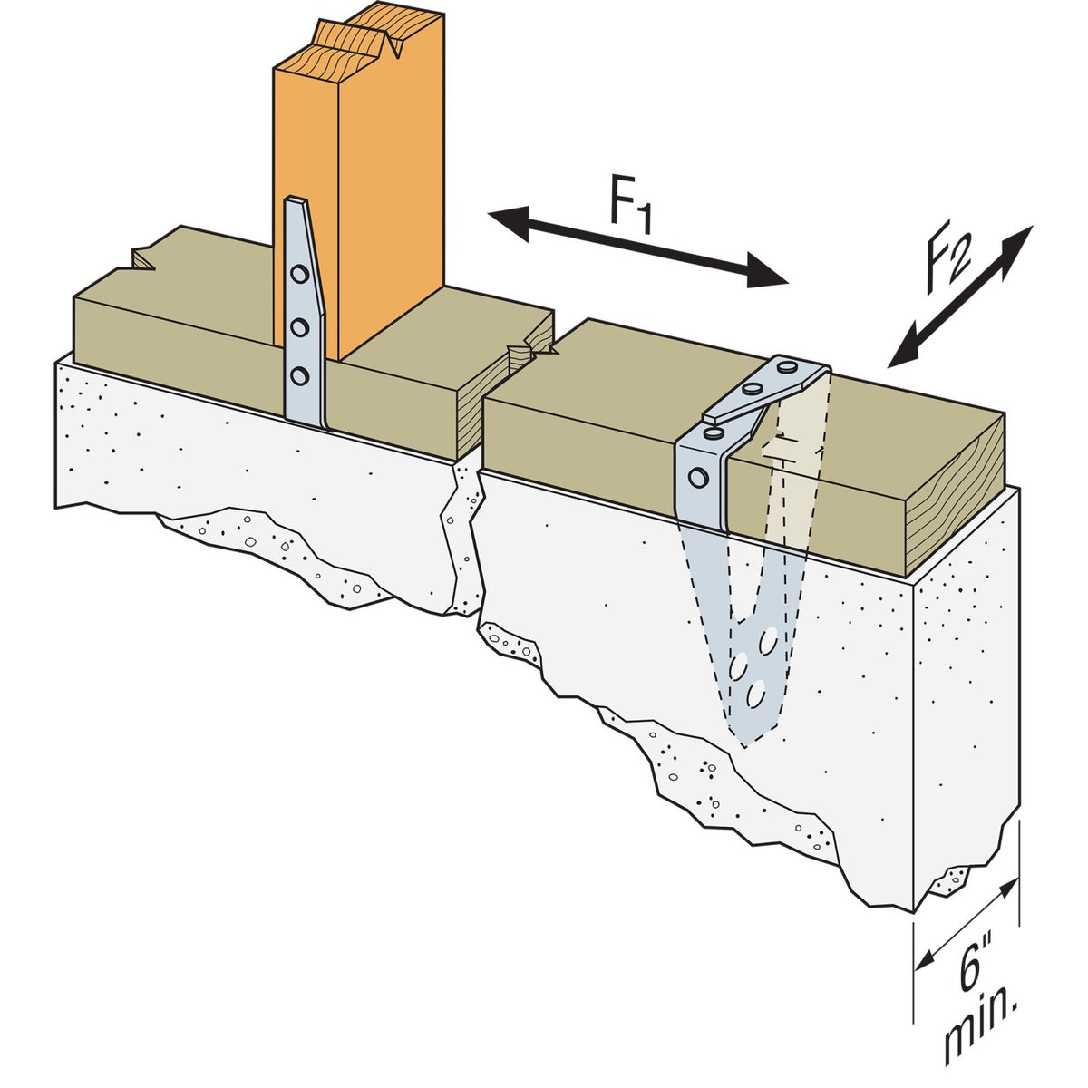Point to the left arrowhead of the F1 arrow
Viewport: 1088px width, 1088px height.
[x=508, y=222]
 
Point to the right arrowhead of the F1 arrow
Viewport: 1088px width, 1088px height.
[x=768, y=274]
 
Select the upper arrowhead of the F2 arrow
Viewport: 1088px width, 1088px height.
[x=1017, y=248]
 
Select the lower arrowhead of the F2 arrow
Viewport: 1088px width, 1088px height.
[x=904, y=347]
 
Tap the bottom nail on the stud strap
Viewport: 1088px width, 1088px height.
[x=299, y=376]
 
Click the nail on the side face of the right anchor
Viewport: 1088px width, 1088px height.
[x=698, y=478]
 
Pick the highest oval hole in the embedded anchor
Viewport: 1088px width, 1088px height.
[x=769, y=641]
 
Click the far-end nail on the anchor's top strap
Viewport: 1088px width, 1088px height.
[x=785, y=368]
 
